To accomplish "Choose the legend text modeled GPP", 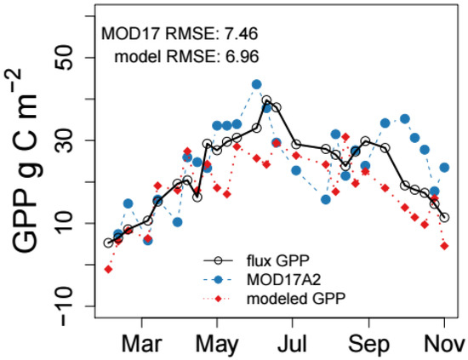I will (293, 296).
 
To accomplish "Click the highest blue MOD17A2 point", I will (256, 84).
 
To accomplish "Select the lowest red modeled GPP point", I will (108, 269).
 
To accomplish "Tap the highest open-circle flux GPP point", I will (266, 100).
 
